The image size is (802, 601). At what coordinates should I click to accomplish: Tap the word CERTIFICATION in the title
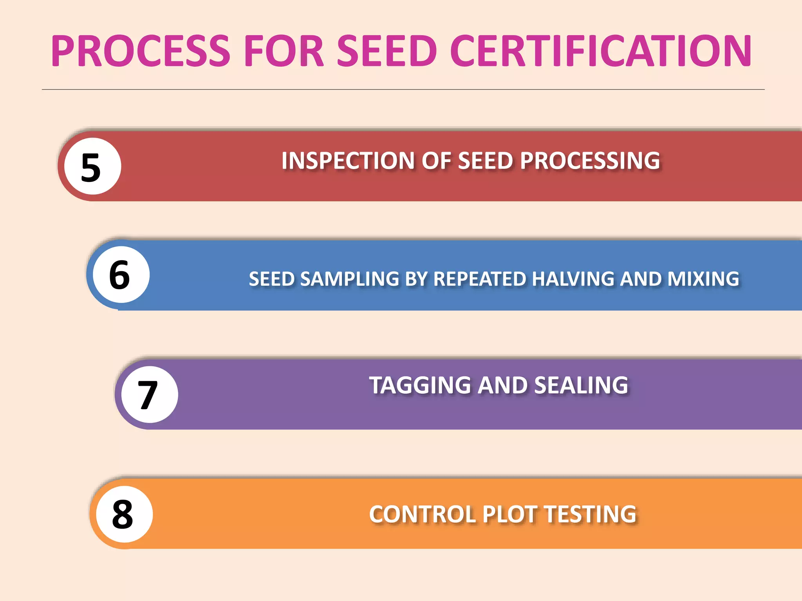coord(601,51)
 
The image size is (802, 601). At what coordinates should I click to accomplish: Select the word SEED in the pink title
coord(387,51)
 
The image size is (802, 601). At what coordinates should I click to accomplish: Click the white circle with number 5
coord(92,166)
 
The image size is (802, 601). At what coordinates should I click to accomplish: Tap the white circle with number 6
coord(121,275)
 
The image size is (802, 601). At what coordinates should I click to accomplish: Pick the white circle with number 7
coord(149,394)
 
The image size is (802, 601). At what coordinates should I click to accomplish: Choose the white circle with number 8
coord(124,514)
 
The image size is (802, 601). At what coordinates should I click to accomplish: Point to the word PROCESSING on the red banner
coord(590,161)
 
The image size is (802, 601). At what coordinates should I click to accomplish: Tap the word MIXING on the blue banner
coord(703,279)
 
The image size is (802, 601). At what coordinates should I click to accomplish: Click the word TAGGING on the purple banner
coord(421,385)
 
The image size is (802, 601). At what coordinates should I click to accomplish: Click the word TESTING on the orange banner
coord(590,515)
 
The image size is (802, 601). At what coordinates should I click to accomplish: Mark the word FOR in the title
coord(284,51)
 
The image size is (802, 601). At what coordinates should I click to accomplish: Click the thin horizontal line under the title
coord(403,90)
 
